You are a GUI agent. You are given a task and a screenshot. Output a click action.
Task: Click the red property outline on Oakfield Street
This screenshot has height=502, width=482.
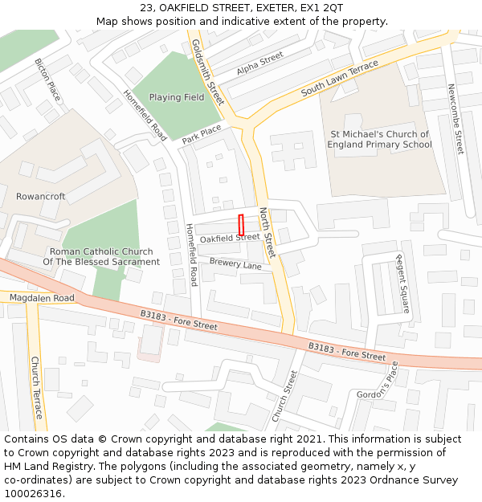coord(241,224)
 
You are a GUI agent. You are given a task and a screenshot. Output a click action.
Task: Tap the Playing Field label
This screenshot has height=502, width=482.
coord(177,97)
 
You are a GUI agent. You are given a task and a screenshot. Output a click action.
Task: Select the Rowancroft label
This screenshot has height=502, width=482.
coord(41,196)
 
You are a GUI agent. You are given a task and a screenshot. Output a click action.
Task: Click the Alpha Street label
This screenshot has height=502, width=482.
coord(260,64)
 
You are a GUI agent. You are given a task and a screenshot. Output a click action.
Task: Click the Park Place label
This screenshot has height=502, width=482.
coord(201,134)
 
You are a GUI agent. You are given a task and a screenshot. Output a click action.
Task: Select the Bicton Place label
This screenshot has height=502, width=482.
coord(47,79)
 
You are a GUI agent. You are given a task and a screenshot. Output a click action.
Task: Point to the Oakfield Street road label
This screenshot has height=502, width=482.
coord(230,238)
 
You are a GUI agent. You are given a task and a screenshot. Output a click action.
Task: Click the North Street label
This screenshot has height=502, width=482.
coord(267,232)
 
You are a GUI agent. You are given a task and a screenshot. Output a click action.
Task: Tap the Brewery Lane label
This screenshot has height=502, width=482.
coord(235,264)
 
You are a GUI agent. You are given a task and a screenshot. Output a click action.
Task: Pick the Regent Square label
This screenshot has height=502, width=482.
coord(402,283)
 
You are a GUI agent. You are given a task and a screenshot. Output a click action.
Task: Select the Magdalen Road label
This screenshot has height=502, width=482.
coord(42,298)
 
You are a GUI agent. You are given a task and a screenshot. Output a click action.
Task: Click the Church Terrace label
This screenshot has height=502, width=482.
coord(35,387)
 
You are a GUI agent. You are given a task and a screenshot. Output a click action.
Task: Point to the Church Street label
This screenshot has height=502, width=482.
coord(284,395)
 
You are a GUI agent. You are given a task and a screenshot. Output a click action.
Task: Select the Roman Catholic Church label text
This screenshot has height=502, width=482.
coord(101,256)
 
